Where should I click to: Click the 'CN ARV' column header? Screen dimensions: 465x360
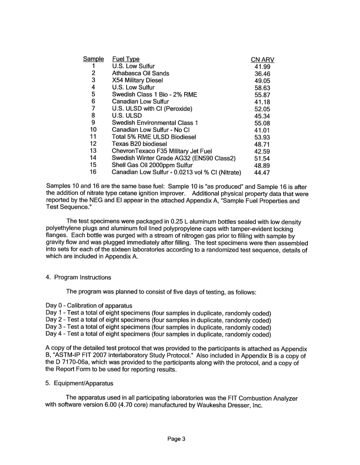pos(263,60)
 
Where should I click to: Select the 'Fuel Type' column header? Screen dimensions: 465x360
pos(126,59)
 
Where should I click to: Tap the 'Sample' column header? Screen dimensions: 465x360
pos(93,59)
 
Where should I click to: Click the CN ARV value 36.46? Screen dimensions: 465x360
pos(262,74)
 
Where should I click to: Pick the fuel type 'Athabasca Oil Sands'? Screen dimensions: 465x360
pos(141,73)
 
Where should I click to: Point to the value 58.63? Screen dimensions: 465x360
pos(262,88)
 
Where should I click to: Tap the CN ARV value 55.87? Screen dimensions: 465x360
pos(262,95)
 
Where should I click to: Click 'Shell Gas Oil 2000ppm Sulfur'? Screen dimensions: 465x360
pos(152,165)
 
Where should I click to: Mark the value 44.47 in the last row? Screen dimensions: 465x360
pos(262,173)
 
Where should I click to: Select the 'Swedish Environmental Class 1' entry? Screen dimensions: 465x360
pos(155,123)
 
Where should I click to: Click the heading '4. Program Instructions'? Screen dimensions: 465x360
pos(78,278)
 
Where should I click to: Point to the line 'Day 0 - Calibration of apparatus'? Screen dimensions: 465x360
pos(89,306)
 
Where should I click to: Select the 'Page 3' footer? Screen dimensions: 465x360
pos(176,439)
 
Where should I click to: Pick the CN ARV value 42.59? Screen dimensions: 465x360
pos(262,151)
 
